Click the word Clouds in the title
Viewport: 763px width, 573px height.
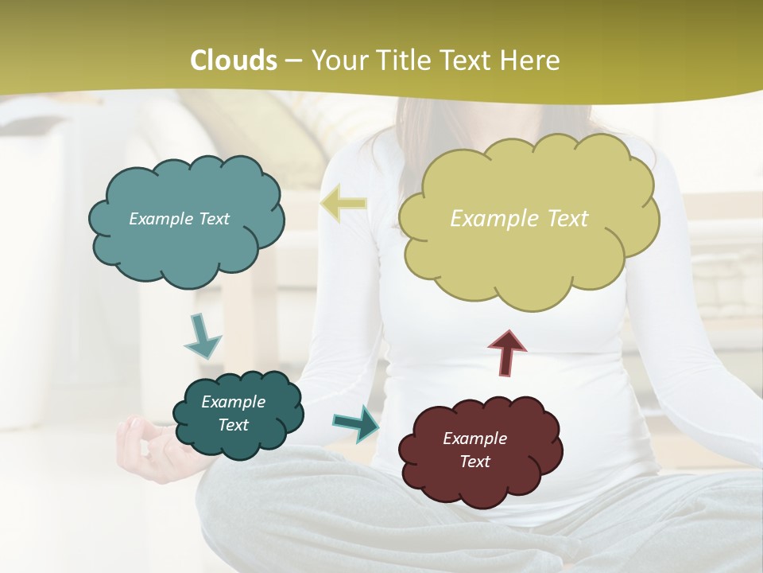(x=234, y=60)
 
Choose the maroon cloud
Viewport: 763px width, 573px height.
(x=479, y=451)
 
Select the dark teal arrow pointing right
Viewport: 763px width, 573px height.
(x=355, y=423)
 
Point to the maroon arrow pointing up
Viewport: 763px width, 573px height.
(x=506, y=353)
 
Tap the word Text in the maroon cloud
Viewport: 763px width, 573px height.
(x=474, y=462)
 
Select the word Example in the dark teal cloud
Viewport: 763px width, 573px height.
(x=233, y=402)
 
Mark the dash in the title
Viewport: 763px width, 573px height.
(x=292, y=60)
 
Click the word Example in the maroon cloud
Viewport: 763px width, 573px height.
(x=474, y=439)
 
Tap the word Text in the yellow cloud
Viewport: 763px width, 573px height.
(x=567, y=218)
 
